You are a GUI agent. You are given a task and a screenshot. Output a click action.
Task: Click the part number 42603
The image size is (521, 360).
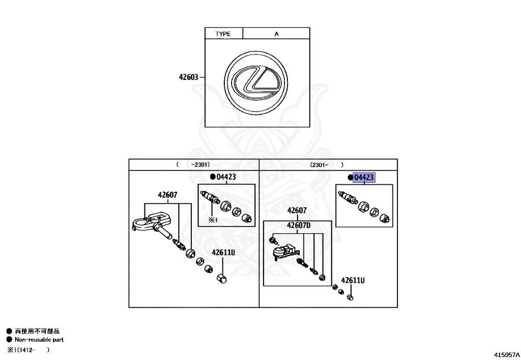(188, 77)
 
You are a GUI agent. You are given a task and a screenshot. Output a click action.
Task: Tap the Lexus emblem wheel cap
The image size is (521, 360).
(256, 81)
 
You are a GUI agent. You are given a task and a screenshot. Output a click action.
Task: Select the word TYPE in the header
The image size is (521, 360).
(223, 34)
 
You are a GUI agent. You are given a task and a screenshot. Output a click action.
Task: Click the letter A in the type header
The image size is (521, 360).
(277, 34)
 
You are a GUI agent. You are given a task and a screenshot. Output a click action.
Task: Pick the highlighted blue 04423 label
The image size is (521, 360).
(364, 177)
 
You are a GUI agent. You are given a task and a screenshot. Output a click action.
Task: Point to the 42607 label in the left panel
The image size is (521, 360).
(167, 195)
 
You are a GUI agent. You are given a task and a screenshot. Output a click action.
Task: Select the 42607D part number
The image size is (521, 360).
(299, 225)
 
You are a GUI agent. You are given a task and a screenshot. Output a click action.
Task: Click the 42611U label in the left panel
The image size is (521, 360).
(223, 252)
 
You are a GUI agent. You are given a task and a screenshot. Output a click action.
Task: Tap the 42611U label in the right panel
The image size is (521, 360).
(353, 280)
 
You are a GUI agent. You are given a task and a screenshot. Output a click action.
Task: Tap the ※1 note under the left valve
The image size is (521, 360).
(212, 219)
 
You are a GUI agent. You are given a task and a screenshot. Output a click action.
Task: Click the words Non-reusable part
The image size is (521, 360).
(39, 340)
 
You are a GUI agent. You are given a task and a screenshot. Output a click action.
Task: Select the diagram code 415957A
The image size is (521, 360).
(505, 353)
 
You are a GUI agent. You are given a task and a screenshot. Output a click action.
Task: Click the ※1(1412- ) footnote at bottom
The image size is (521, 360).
(28, 350)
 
